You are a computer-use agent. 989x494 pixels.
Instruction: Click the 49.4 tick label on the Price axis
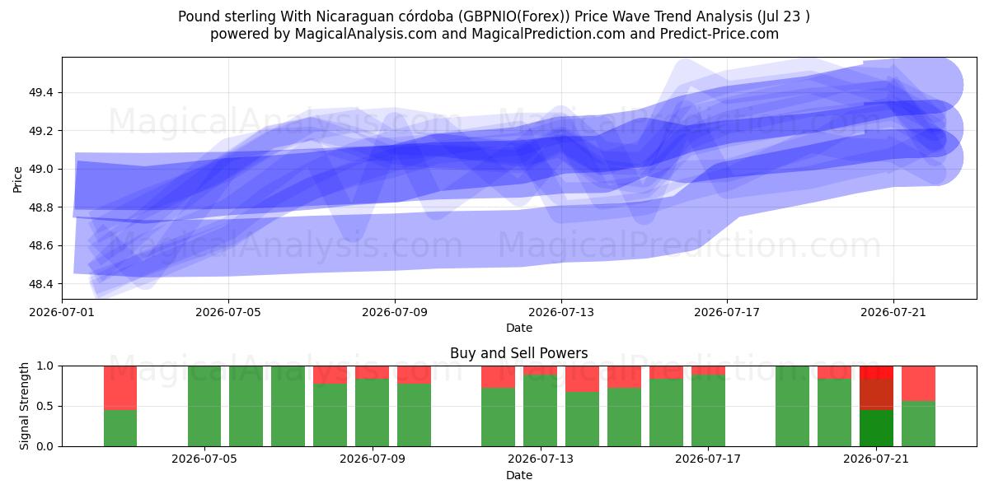point(40,92)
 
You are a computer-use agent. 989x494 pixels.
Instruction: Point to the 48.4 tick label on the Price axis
point(40,284)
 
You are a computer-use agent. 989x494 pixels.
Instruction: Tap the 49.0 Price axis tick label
point(40,170)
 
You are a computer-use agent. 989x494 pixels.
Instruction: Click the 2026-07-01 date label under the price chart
point(62,313)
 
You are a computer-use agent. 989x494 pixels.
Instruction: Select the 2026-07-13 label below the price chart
point(561,313)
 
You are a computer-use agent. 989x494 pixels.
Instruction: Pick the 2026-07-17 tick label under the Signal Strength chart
point(708,459)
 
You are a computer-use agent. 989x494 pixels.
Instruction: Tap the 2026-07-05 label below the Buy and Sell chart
point(204,459)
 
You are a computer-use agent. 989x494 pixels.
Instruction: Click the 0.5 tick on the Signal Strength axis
point(45,406)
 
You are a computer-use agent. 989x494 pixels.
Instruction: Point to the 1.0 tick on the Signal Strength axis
point(45,366)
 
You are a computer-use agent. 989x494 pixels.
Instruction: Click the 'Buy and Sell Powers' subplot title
point(518,353)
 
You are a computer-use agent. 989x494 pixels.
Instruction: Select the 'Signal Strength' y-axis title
point(24,406)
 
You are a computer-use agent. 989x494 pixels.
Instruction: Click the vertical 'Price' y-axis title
point(17,179)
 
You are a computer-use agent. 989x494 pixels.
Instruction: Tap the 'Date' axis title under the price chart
point(519,329)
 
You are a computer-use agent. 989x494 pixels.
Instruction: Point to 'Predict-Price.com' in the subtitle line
point(719,34)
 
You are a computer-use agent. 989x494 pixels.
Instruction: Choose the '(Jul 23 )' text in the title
point(783,16)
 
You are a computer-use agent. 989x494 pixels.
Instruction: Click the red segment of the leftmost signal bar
point(120,388)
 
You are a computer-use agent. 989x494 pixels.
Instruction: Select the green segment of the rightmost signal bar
point(918,424)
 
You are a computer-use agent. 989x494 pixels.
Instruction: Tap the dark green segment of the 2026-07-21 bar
point(876,428)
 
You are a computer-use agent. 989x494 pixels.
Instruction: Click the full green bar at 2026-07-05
point(204,406)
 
